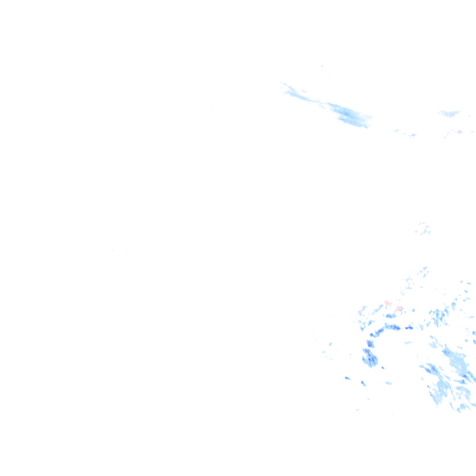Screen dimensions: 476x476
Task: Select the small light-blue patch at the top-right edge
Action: (450, 113)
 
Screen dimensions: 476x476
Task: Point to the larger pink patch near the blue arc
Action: (388, 303)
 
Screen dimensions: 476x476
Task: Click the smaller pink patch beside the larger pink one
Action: (399, 308)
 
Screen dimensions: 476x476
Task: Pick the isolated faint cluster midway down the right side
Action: (424, 229)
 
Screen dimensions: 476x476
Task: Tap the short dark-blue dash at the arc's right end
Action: (408, 327)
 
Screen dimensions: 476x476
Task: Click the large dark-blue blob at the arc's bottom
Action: (370, 358)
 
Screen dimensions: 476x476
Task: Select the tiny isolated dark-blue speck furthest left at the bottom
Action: (347, 377)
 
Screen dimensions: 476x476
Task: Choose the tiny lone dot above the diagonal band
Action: (322, 66)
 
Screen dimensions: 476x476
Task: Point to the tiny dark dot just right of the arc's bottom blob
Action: (382, 368)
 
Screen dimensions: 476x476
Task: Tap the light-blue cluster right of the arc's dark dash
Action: (439, 317)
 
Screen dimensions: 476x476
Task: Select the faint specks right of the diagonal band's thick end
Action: (405, 133)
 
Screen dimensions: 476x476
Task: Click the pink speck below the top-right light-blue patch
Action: (459, 131)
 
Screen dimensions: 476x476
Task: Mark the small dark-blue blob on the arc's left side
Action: (370, 343)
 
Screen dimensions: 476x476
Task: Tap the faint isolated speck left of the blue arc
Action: (330, 343)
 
